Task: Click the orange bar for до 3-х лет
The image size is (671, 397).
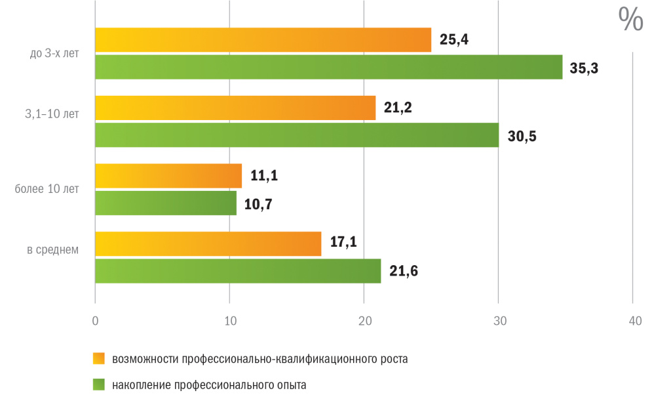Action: (x=263, y=40)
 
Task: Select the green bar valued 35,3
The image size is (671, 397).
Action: (x=328, y=67)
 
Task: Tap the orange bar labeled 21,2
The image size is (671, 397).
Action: (x=235, y=108)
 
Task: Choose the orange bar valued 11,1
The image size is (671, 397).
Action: (x=168, y=176)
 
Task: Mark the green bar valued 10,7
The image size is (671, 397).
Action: (x=166, y=203)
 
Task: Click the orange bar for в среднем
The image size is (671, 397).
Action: (x=208, y=243)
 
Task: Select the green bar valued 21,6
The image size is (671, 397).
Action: (x=238, y=271)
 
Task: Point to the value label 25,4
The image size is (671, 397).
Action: (x=454, y=40)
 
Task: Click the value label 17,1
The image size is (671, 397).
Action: (x=343, y=243)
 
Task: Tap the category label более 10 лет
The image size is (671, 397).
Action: (x=47, y=190)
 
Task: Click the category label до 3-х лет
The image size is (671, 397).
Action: (x=54, y=54)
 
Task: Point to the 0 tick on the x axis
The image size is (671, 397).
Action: (x=96, y=322)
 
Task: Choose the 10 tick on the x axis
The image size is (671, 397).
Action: (x=229, y=322)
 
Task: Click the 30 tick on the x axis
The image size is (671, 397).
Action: (x=499, y=322)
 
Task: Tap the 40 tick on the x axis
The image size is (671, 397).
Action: (x=634, y=322)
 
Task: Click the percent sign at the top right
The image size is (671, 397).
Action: (x=631, y=20)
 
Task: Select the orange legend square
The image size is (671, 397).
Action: (x=99, y=358)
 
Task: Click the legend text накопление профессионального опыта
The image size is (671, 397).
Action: (x=209, y=385)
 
